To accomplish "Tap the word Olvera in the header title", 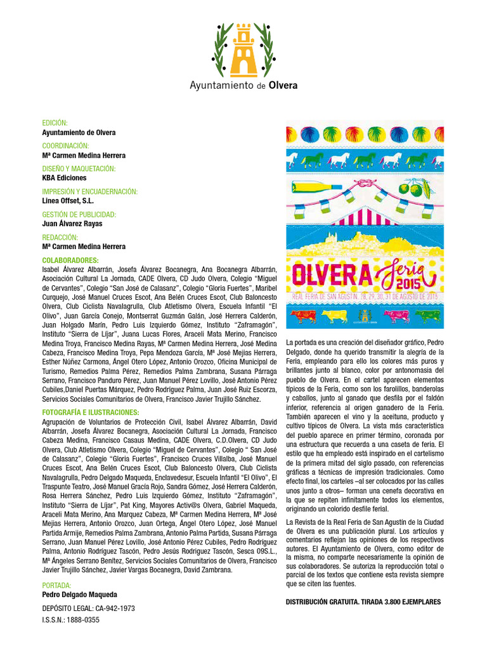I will [283, 85].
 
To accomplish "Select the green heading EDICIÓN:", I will [55, 123].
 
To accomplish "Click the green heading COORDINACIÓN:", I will [65, 146].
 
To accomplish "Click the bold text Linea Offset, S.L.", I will [68, 201].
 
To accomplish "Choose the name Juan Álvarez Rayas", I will [72, 224].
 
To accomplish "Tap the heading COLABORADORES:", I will [70, 260].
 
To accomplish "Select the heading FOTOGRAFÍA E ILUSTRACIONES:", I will [90, 412].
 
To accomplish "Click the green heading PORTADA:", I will [56, 586].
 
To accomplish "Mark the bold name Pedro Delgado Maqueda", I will [79, 595].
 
